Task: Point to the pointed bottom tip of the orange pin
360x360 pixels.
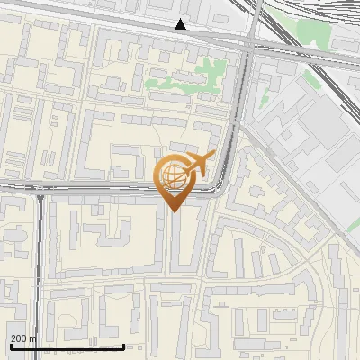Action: click(173, 210)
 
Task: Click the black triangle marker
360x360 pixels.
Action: click(181, 25)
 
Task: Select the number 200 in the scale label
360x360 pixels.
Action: click(19, 338)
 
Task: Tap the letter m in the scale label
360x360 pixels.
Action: click(33, 338)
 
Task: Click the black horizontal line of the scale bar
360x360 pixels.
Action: click(67, 346)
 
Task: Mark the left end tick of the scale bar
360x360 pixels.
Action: click(11, 345)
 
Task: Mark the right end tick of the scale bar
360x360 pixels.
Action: click(123, 345)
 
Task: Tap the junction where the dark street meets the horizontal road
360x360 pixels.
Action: click(40, 190)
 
